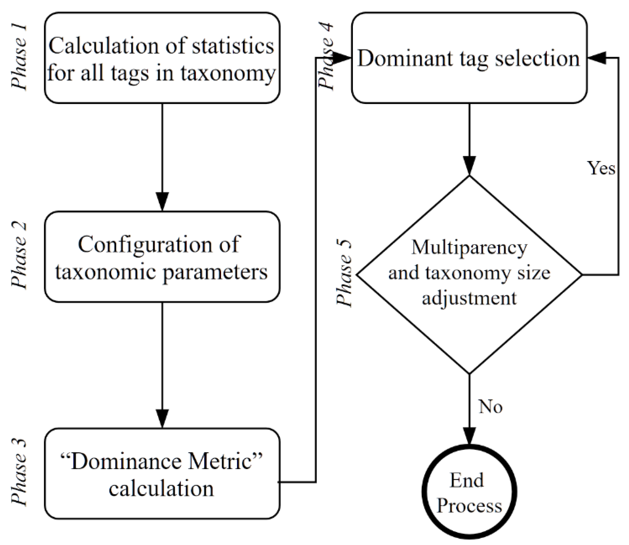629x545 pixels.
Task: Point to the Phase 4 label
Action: [x=326, y=58]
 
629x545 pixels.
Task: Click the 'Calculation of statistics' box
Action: [x=162, y=58]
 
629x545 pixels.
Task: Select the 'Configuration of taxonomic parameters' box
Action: [x=162, y=256]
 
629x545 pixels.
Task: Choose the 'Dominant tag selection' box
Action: [x=469, y=58]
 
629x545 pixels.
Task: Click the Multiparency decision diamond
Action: [x=469, y=274]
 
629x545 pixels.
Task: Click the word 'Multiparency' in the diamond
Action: [x=469, y=248]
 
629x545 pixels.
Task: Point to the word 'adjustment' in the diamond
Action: [x=469, y=298]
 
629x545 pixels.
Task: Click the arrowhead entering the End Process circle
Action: [x=469, y=436]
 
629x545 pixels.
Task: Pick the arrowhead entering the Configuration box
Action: [x=162, y=201]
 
